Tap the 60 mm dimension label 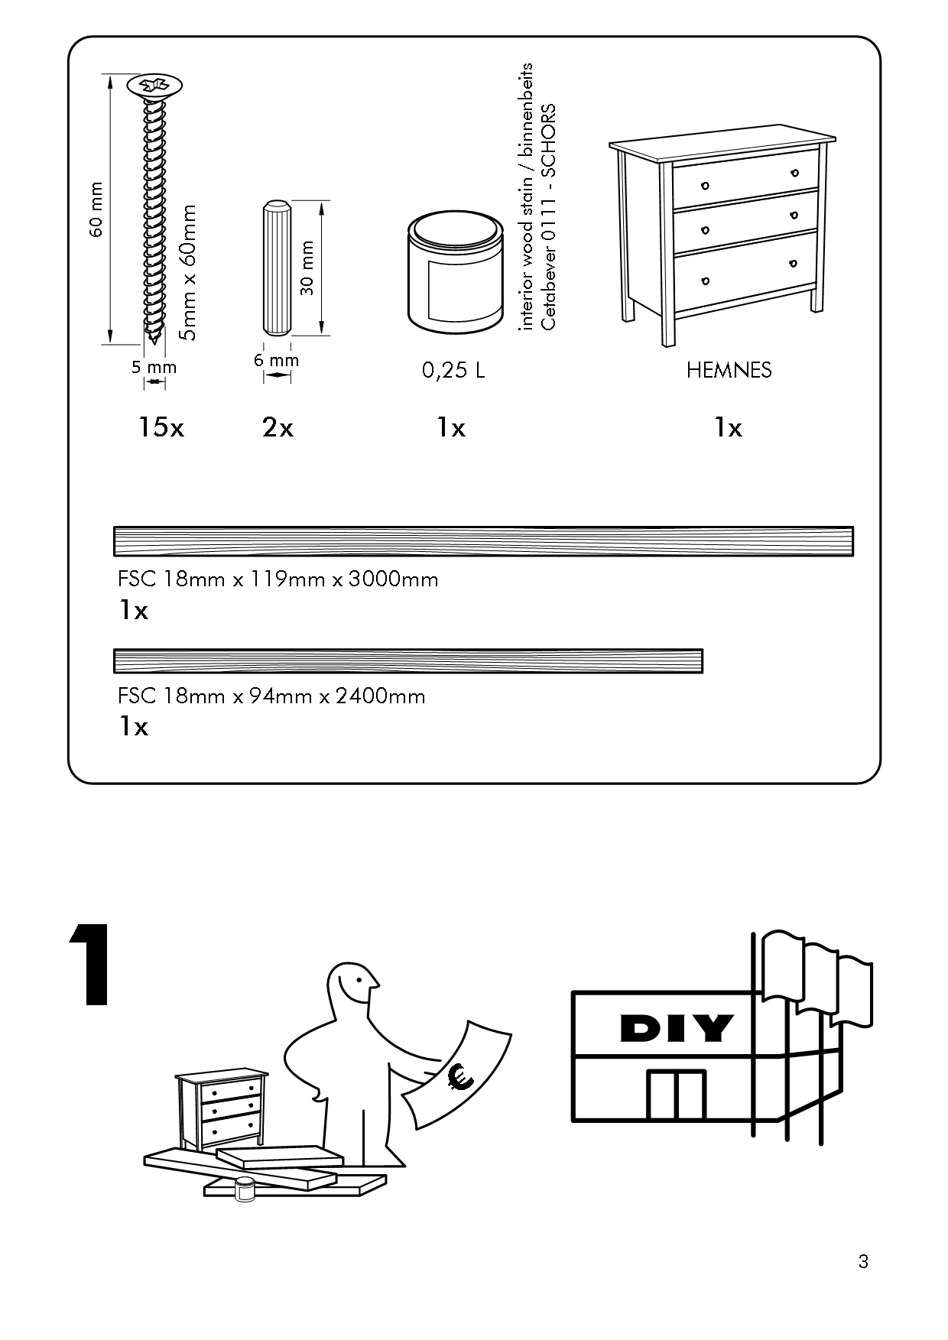point(96,209)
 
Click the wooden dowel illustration point(276,267)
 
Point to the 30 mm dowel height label point(307,268)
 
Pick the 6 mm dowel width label point(276,360)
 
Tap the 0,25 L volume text point(453,371)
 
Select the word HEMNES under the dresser point(729,371)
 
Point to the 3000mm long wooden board point(483,541)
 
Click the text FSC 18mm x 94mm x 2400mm point(271,696)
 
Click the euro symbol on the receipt point(461,1077)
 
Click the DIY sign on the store point(677,1029)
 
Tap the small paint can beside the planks point(245,1189)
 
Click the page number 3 point(863,1261)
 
